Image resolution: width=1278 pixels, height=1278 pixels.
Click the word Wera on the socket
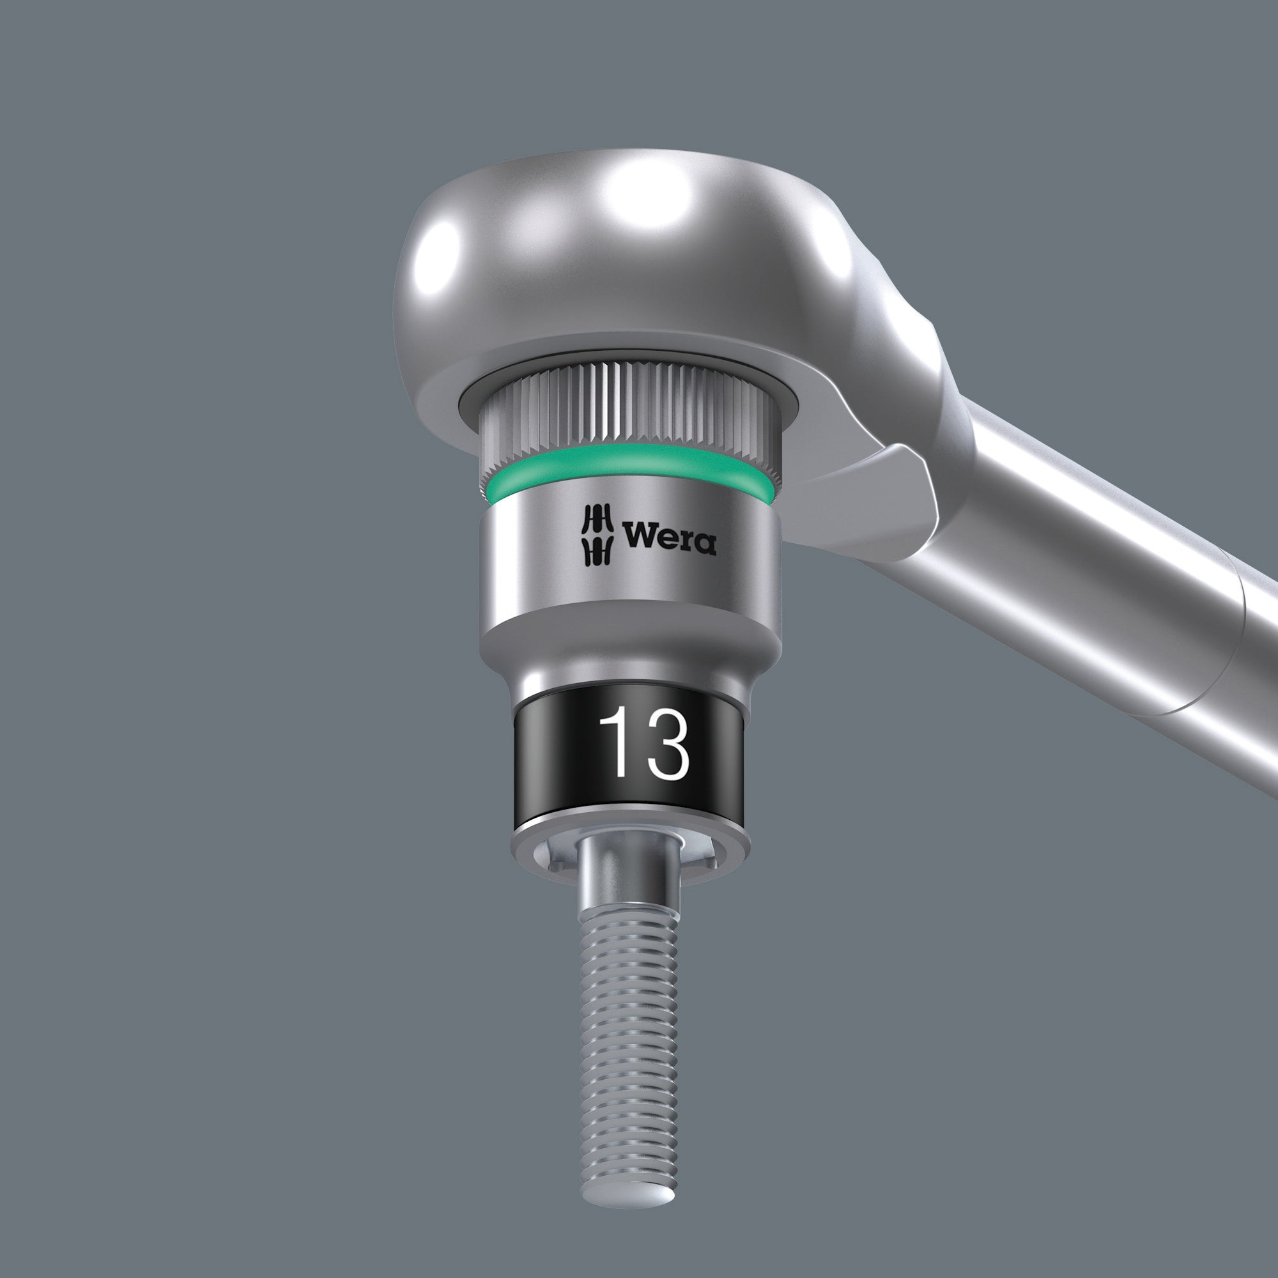coord(669,537)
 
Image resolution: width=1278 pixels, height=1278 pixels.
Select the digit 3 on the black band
coord(666,744)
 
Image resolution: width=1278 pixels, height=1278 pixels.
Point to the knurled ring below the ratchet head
coord(628,410)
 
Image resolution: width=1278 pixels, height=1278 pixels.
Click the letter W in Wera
coord(639,537)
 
